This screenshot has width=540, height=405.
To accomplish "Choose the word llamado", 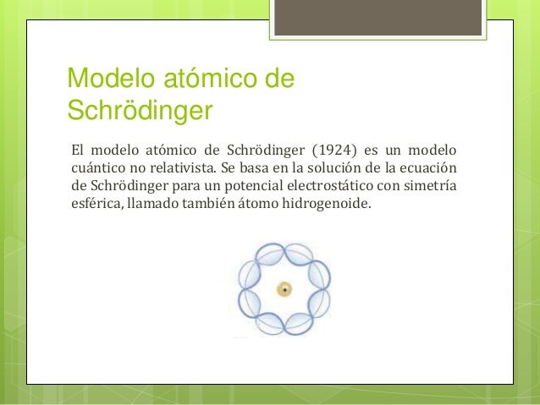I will [153, 205].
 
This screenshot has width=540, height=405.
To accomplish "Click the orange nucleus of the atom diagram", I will [285, 290].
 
